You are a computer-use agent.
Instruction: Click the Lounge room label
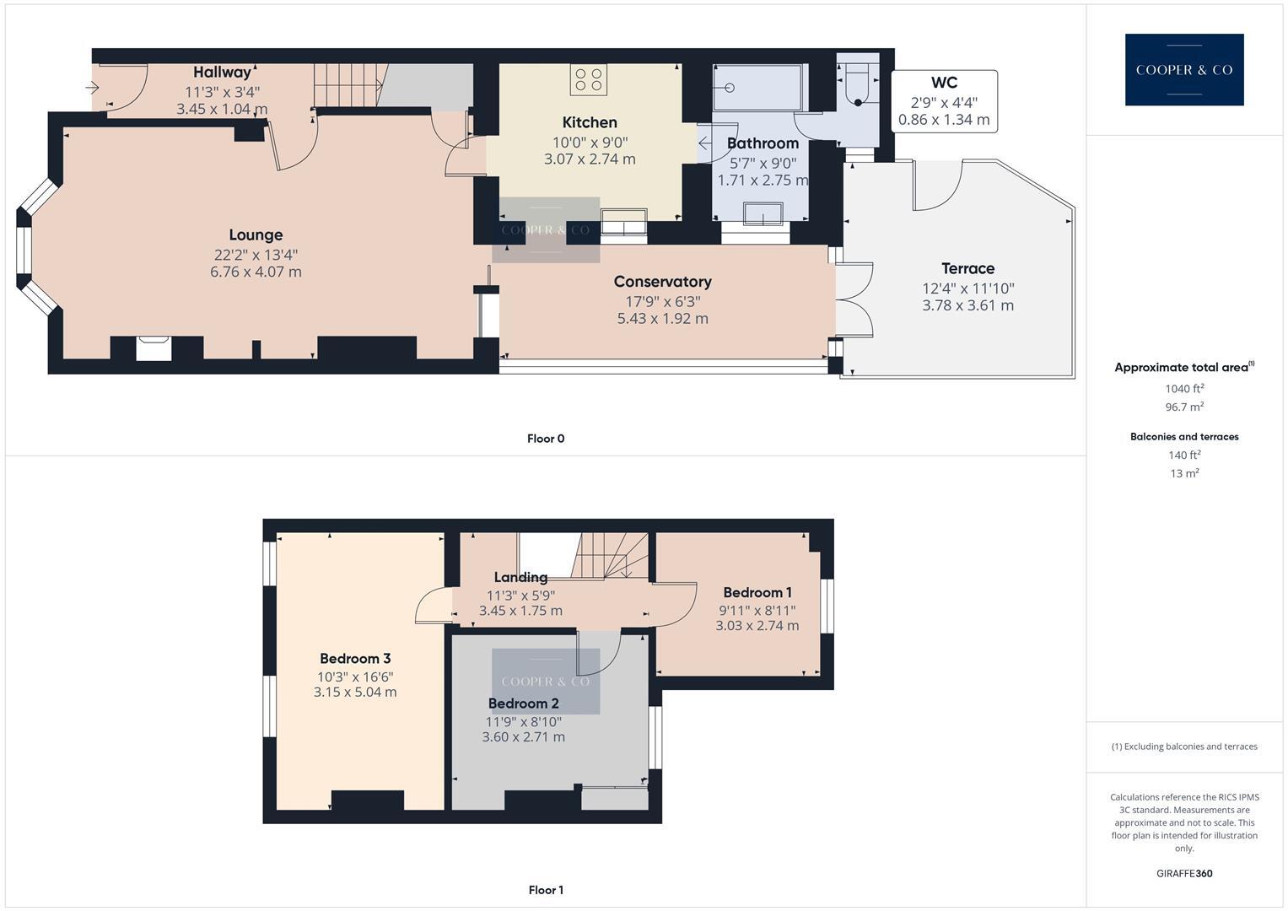coord(256,235)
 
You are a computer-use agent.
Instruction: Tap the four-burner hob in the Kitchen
coord(589,79)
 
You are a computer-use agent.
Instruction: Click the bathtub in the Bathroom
coord(757,88)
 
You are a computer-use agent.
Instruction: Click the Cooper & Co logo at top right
coord(1183,70)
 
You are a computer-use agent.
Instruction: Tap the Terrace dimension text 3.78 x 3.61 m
coord(967,305)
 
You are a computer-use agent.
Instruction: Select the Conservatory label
coord(662,282)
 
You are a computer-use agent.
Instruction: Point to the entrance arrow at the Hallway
coord(92,87)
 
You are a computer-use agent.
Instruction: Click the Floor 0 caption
coord(546,439)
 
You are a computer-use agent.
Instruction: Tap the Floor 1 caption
coord(546,890)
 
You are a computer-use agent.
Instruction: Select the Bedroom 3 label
coord(355,659)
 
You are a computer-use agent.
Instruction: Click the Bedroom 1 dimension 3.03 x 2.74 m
coord(757,626)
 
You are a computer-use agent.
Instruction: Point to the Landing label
coord(520,578)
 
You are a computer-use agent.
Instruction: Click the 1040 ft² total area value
coord(1184,389)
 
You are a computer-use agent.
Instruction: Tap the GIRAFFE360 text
coord(1184,873)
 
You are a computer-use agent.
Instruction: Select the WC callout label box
coord(944,101)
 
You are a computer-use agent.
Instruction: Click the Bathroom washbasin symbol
coord(763,216)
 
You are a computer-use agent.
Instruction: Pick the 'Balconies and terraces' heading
coord(1184,437)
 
